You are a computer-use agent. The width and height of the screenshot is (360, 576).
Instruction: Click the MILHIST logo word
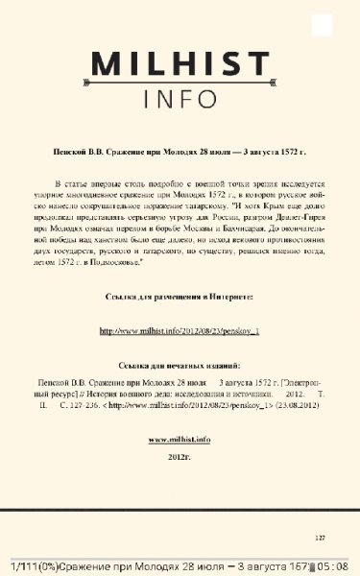click(180, 64)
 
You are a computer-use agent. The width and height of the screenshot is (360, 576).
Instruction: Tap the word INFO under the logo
click(180, 99)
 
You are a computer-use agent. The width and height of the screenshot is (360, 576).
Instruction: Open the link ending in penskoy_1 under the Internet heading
click(180, 332)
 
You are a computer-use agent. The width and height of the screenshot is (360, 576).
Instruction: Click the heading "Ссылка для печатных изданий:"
click(180, 367)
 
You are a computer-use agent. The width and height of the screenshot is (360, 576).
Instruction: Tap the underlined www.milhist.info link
click(180, 439)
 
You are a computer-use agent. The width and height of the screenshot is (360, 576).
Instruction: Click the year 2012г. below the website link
click(180, 456)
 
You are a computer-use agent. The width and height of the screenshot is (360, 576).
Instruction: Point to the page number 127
click(321, 537)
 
